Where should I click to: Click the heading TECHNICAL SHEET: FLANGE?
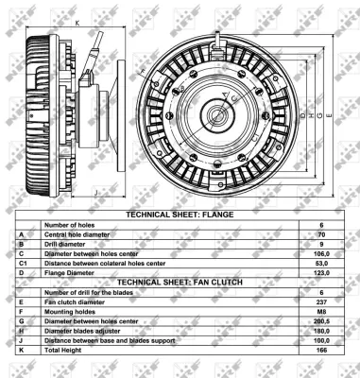tap(180, 215)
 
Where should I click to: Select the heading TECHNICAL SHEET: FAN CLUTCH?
tap(180, 282)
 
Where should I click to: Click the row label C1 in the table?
tap(22, 262)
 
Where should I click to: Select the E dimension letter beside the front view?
tap(323, 115)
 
